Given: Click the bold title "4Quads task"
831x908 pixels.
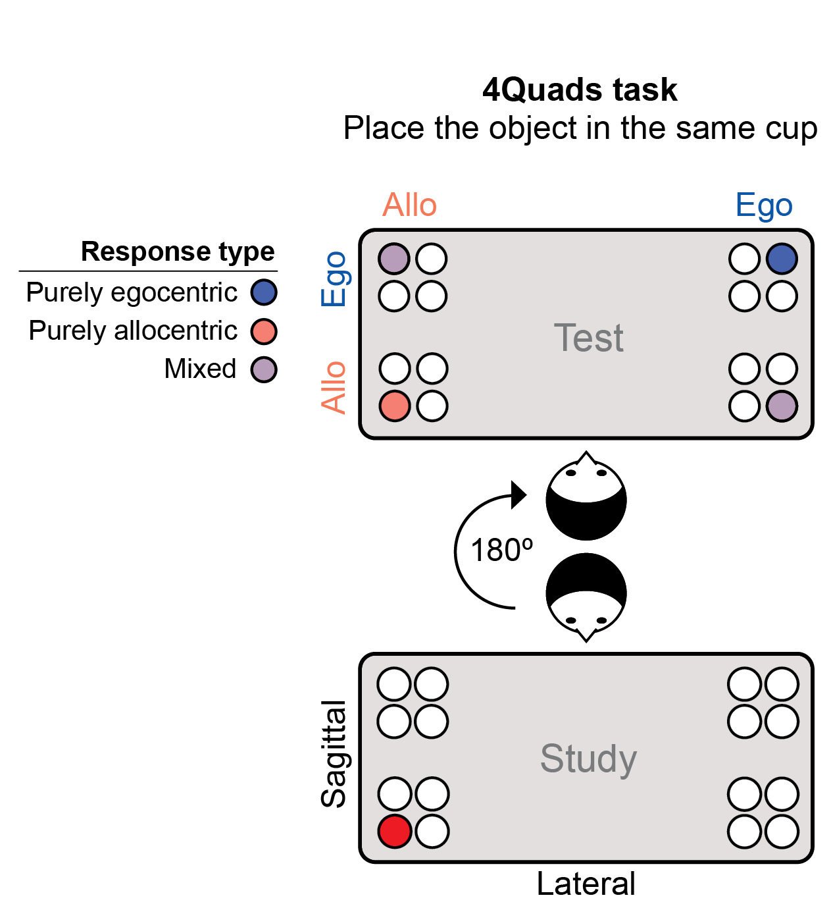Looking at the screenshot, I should pos(579,90).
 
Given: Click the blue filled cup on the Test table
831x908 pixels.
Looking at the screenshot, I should pos(782,259).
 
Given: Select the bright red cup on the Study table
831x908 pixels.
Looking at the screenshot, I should pos(395,831).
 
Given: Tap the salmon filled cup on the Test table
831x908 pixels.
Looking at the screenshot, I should pos(395,406).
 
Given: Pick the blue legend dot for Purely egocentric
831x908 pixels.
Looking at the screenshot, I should pos(264,292).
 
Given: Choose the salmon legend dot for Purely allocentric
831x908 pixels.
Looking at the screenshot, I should pos(264,331).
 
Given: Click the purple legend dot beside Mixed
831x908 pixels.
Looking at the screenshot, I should pos(264,369).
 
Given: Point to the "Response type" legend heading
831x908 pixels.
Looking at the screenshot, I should pos(178,252).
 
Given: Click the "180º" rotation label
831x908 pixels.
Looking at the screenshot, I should pos(501,550).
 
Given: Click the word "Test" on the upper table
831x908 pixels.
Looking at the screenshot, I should pos(588,338).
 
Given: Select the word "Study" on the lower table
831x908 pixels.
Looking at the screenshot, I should pos(588,759).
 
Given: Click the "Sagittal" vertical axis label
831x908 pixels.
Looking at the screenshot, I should pos(334,753).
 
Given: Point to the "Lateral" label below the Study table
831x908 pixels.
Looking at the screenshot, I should pos(586,884).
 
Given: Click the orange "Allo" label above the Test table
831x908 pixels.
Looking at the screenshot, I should pos(409,205).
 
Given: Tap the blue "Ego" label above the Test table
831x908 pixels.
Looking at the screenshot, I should pos(763,205).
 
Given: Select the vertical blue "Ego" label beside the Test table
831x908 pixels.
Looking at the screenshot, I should pos(334,279).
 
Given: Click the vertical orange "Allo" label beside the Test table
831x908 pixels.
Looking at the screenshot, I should pos(334,387).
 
